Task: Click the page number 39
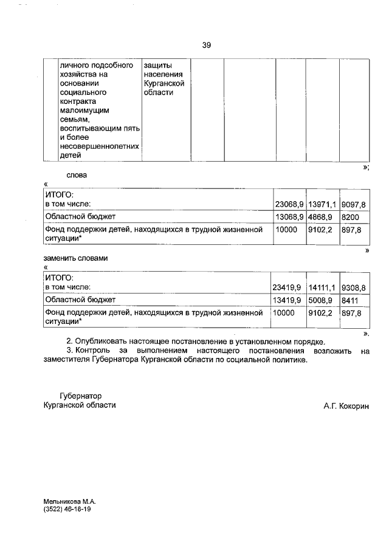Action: click(x=206, y=45)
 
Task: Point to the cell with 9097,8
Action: click(x=353, y=204)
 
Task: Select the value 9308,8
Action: click(x=353, y=287)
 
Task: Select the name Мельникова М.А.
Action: click(x=70, y=501)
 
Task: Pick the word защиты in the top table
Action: click(x=157, y=64)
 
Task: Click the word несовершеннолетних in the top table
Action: click(x=100, y=146)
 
